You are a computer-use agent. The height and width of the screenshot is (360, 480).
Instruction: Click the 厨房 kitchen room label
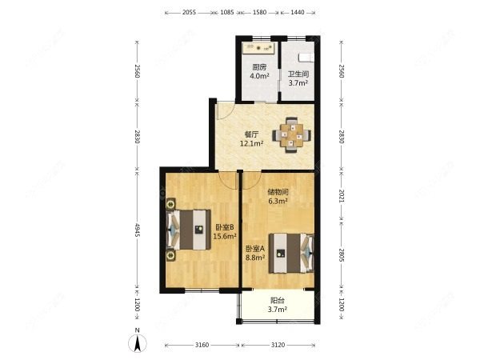point(259,67)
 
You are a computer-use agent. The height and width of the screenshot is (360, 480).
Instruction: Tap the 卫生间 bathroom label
point(298,74)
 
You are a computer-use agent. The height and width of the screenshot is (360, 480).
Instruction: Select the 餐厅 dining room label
point(252,134)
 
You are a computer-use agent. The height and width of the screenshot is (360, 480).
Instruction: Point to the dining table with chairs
point(292,134)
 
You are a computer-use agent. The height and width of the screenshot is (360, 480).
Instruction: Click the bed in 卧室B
point(189,230)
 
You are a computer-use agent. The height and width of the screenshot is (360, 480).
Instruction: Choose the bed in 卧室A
point(291,253)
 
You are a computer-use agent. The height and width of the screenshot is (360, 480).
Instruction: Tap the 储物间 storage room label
point(278,192)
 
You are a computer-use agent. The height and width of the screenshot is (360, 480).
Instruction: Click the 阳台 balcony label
point(278,301)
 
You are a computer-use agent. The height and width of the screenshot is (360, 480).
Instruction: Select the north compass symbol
point(138,341)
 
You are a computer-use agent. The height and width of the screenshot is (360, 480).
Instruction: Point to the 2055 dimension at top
point(189,13)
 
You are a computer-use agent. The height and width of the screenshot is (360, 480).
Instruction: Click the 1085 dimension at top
point(227,13)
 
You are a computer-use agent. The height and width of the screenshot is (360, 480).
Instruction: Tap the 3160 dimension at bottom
point(202,345)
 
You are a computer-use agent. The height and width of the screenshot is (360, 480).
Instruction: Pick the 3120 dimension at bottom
point(278,345)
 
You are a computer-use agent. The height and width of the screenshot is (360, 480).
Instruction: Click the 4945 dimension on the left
point(138,230)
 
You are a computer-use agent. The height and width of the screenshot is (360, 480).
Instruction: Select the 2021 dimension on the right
point(342,196)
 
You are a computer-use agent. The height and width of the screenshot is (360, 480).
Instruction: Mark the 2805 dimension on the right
point(342,254)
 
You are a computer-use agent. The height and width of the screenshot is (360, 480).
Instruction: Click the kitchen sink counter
point(259,48)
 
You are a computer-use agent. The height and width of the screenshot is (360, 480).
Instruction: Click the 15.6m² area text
point(225,236)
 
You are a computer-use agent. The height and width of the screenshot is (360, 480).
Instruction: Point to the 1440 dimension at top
point(298,13)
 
